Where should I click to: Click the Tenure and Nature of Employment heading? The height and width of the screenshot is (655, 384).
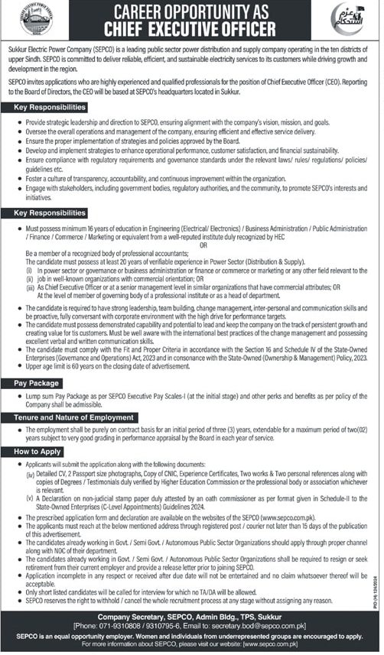coord(73,418)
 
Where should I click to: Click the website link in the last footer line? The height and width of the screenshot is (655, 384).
coord(288,648)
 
